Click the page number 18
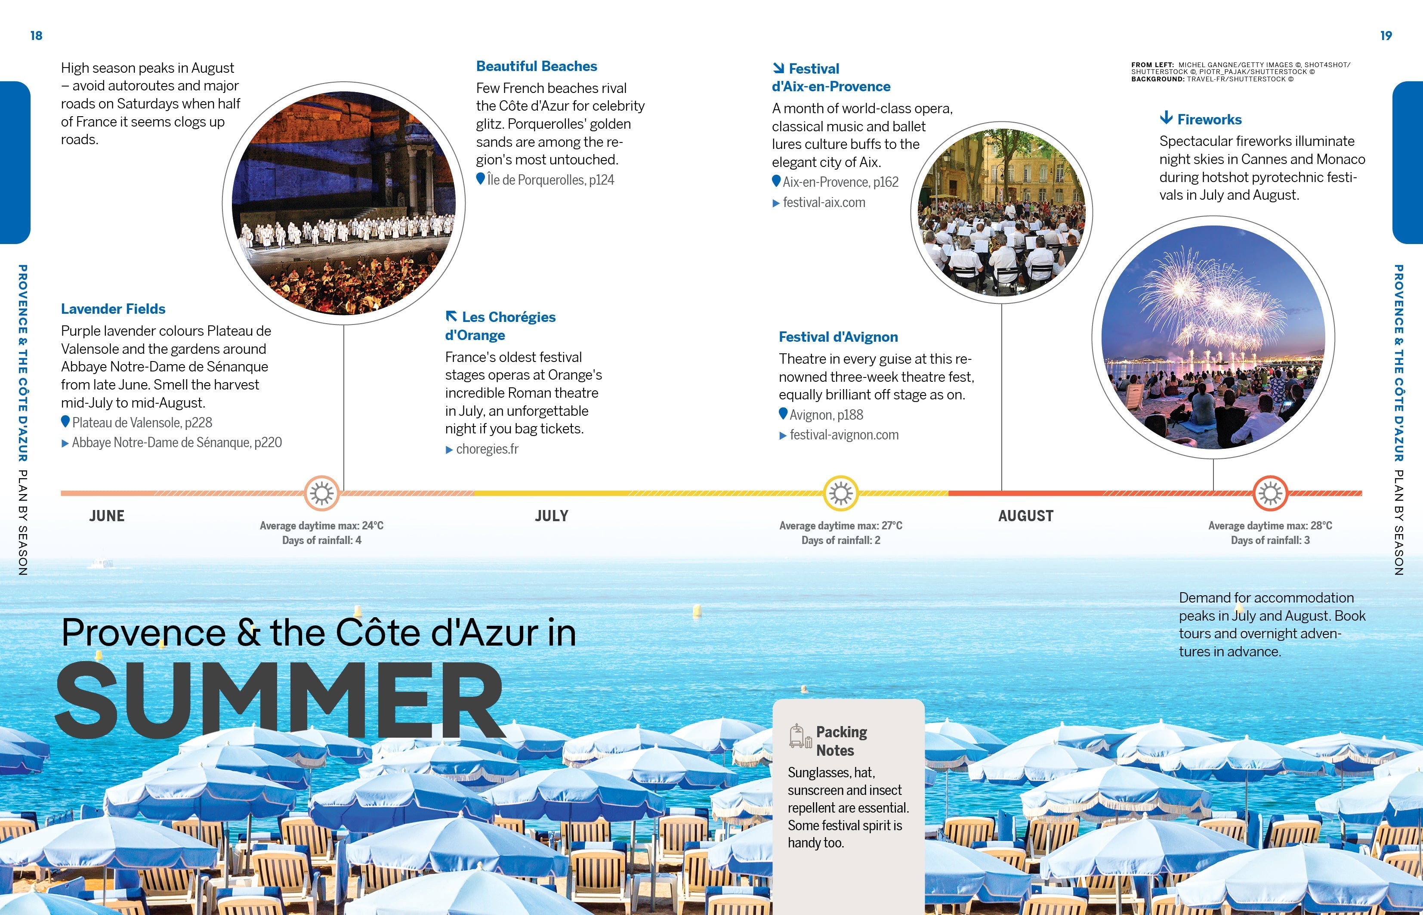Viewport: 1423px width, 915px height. [36, 36]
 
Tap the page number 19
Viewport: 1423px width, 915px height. [1386, 36]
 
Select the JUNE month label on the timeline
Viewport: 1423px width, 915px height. [107, 516]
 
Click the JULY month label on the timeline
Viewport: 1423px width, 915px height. [552, 516]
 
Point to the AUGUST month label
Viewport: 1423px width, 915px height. [1026, 516]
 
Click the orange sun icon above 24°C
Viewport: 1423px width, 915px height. [322, 493]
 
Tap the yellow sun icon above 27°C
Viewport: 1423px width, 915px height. [841, 493]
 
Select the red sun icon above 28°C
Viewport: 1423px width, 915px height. [1270, 493]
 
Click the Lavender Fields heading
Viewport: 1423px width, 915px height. [113, 309]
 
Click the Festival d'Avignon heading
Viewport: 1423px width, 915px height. [838, 337]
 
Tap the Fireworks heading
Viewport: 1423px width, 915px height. [1209, 119]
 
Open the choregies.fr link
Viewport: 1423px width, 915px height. [487, 449]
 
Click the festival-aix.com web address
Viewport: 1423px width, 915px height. [824, 203]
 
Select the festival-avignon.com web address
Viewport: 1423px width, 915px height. [844, 435]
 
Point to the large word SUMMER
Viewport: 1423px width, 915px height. [279, 699]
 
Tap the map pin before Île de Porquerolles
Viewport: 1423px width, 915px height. [481, 178]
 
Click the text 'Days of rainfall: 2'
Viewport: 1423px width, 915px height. [840, 540]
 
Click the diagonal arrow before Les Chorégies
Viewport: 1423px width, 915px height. [451, 316]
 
